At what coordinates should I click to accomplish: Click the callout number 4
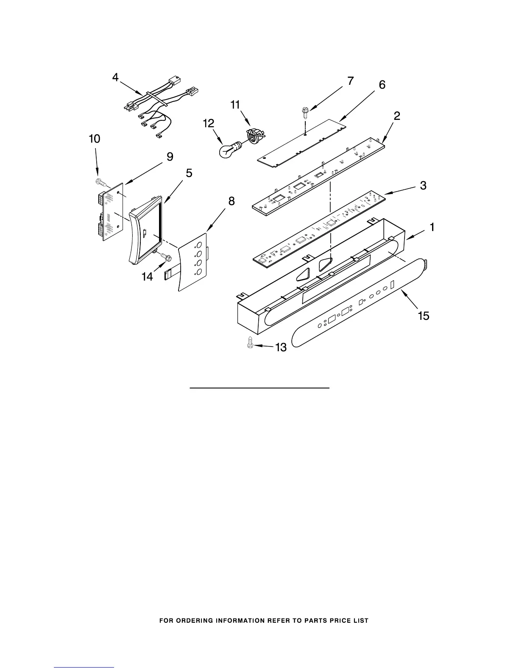(115, 78)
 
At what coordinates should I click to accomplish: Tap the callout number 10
(94, 139)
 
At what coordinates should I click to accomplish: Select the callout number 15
(423, 316)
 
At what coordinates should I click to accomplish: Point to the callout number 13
(281, 348)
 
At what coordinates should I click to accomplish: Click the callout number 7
(351, 81)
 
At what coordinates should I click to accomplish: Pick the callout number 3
(423, 185)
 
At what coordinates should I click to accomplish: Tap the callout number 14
(147, 277)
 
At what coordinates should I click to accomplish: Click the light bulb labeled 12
(229, 150)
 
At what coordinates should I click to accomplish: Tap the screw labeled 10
(100, 182)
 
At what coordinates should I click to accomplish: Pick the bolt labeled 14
(165, 256)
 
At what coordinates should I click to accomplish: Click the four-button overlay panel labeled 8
(193, 263)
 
